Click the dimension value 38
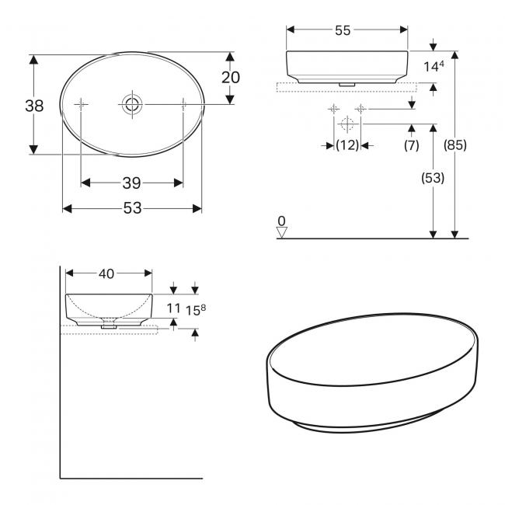(34, 106)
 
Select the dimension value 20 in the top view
(231, 78)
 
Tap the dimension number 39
(131, 183)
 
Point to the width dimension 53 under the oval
(132, 208)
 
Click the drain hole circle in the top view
(132, 103)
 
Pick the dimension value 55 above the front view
(343, 30)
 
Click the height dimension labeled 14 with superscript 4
(433, 68)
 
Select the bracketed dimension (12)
(347, 145)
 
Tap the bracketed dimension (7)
(411, 145)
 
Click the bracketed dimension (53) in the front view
(433, 178)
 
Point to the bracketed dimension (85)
(454, 145)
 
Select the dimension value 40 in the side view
(106, 273)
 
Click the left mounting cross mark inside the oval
(82, 103)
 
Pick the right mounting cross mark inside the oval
(183, 103)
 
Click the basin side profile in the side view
(109, 308)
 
